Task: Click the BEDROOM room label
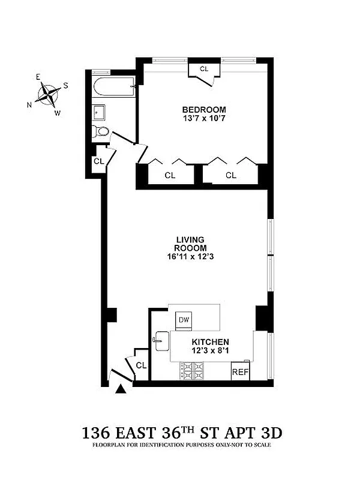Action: pyautogui.click(x=204, y=109)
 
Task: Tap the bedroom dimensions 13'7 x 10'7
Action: pyautogui.click(x=204, y=118)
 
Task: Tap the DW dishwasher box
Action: pyautogui.click(x=184, y=320)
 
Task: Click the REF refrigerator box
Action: pyautogui.click(x=240, y=371)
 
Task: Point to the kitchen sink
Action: pyautogui.click(x=161, y=341)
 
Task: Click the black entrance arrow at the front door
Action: pyautogui.click(x=121, y=389)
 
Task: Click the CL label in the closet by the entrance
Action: pyautogui.click(x=141, y=365)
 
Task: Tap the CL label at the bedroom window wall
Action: pyautogui.click(x=204, y=69)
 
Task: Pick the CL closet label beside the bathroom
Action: pyautogui.click(x=98, y=161)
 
